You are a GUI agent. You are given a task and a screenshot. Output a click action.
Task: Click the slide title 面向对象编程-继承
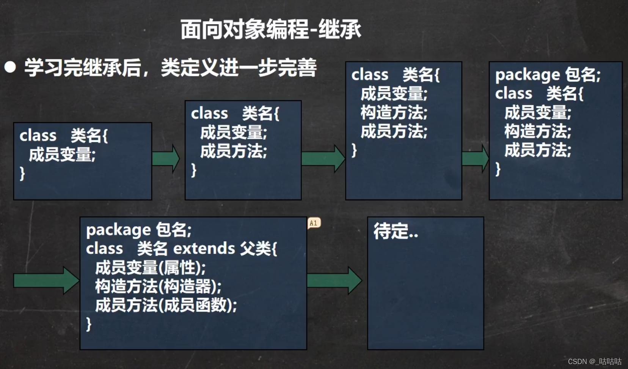tap(271, 30)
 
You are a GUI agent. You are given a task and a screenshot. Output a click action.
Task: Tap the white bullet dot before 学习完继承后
tap(10, 67)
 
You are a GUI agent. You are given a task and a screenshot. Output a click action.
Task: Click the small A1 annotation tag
tap(314, 223)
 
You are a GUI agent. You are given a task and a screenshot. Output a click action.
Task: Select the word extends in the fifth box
tap(204, 249)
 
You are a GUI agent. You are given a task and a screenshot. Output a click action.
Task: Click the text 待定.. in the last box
tap(396, 231)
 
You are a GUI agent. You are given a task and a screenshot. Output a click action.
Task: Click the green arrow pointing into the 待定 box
tap(334, 281)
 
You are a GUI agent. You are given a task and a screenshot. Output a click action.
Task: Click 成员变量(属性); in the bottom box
tap(150, 268)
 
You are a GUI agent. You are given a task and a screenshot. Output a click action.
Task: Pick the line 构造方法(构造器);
tap(158, 287)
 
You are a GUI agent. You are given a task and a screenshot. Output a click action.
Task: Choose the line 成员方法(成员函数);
tap(166, 305)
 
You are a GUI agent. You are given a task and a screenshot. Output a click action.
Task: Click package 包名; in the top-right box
tap(548, 75)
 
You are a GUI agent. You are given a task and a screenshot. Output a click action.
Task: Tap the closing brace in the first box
tap(22, 173)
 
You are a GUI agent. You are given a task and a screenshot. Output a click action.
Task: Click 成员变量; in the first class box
tap(62, 155)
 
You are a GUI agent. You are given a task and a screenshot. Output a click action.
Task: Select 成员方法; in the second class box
tap(234, 151)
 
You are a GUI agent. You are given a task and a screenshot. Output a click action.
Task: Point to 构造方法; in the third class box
tap(394, 113)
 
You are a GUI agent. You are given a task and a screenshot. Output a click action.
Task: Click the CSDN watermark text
tap(594, 361)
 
